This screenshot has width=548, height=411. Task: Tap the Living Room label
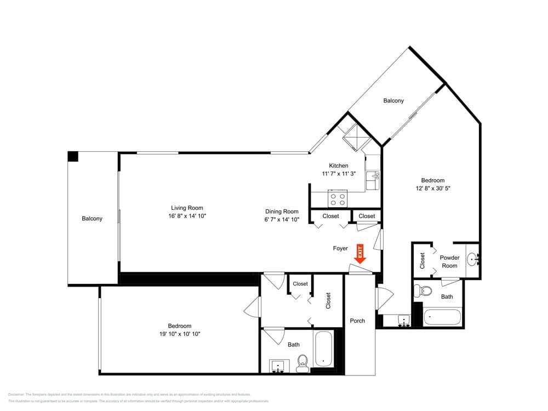[x=187, y=208]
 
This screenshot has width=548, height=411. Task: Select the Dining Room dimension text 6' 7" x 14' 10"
[x=282, y=220]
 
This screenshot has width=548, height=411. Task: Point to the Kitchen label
[x=338, y=166]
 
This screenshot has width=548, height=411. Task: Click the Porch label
[x=357, y=321]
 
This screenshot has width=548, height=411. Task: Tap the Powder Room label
[x=449, y=261]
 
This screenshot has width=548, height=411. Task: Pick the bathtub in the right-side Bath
[x=442, y=317]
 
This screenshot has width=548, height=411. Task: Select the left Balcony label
[x=92, y=219]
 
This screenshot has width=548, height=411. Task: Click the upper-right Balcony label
[x=393, y=100]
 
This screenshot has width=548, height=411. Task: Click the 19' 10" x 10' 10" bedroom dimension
[x=180, y=334]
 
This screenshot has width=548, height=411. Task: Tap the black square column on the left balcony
[x=73, y=157]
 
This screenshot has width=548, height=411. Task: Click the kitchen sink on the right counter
[x=375, y=176]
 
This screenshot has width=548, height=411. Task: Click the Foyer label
[x=340, y=248]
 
